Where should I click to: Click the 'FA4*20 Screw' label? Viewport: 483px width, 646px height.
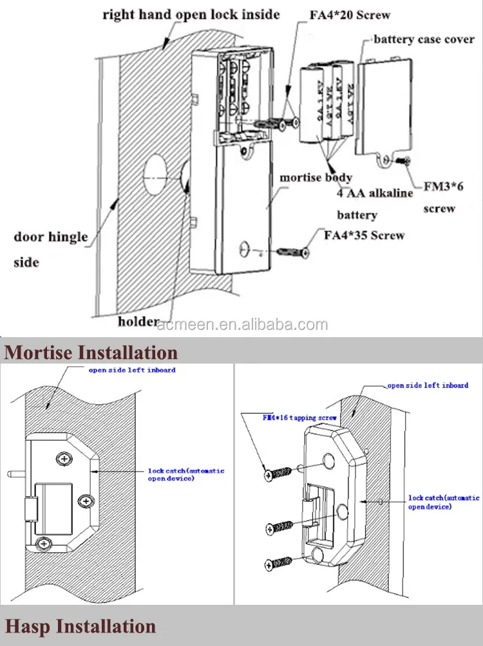click(x=350, y=15)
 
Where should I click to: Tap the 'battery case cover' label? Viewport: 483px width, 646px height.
click(x=424, y=39)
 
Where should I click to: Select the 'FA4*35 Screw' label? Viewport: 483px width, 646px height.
click(x=364, y=235)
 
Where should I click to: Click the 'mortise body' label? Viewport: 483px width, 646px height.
click(x=316, y=177)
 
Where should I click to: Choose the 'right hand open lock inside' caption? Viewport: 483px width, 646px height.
click(x=191, y=14)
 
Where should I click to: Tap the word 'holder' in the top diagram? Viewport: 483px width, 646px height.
click(x=138, y=321)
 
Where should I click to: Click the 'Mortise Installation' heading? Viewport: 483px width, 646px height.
click(x=91, y=352)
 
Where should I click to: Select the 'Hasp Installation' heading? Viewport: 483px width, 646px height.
click(x=80, y=626)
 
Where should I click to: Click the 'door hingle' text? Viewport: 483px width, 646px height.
click(x=50, y=237)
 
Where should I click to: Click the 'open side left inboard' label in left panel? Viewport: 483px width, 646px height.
click(x=132, y=370)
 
